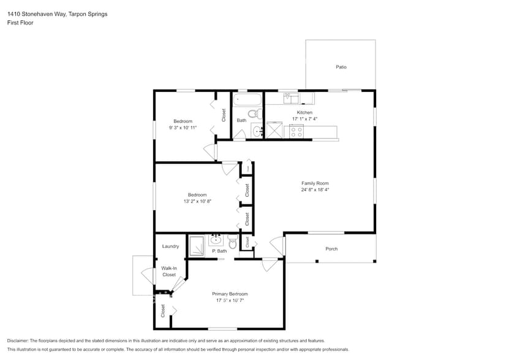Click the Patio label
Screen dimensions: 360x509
point(341,67)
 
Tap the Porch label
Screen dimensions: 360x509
point(331,249)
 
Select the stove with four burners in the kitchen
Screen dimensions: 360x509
point(296,130)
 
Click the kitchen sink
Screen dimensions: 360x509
point(291,97)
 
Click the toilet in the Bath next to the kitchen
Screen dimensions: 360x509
point(253,113)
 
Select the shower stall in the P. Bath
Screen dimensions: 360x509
point(197,246)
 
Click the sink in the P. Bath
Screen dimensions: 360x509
point(216,239)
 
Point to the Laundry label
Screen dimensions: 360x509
point(170,246)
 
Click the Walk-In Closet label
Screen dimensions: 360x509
point(168,271)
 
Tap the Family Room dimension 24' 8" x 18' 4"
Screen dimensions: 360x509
point(315,190)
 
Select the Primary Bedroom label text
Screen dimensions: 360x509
point(230,294)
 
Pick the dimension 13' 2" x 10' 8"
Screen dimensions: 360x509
point(197,201)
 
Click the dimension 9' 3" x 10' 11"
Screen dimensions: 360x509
point(183,127)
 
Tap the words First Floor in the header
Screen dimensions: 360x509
point(20,23)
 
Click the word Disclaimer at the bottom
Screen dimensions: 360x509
point(19,340)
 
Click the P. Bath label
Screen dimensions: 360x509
point(219,251)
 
